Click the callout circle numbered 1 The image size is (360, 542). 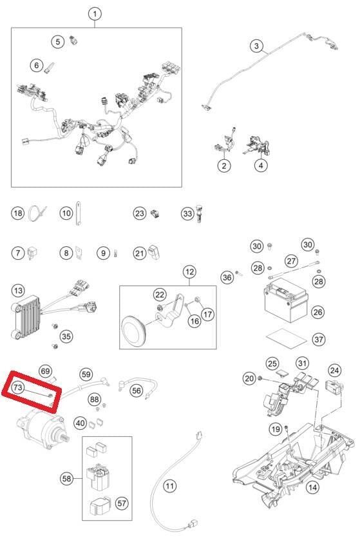95,14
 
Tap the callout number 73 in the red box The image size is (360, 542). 17,387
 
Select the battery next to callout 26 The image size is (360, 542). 286,300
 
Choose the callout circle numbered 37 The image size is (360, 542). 319,339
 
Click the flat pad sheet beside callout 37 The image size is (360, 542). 286,338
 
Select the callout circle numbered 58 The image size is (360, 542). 66,478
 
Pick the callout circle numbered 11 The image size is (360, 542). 169,487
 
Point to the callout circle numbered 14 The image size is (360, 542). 312,487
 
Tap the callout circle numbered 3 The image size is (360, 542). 256,46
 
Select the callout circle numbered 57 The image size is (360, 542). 122,503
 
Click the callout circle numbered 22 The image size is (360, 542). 160,295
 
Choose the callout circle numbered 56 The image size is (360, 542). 137,391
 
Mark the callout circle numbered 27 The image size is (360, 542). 291,260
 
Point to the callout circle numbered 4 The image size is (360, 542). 261,165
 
